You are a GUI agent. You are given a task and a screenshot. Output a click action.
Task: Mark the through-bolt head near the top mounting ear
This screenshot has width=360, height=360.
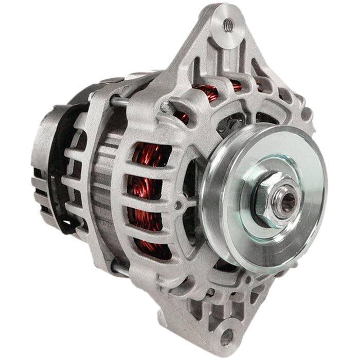point(165,106)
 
